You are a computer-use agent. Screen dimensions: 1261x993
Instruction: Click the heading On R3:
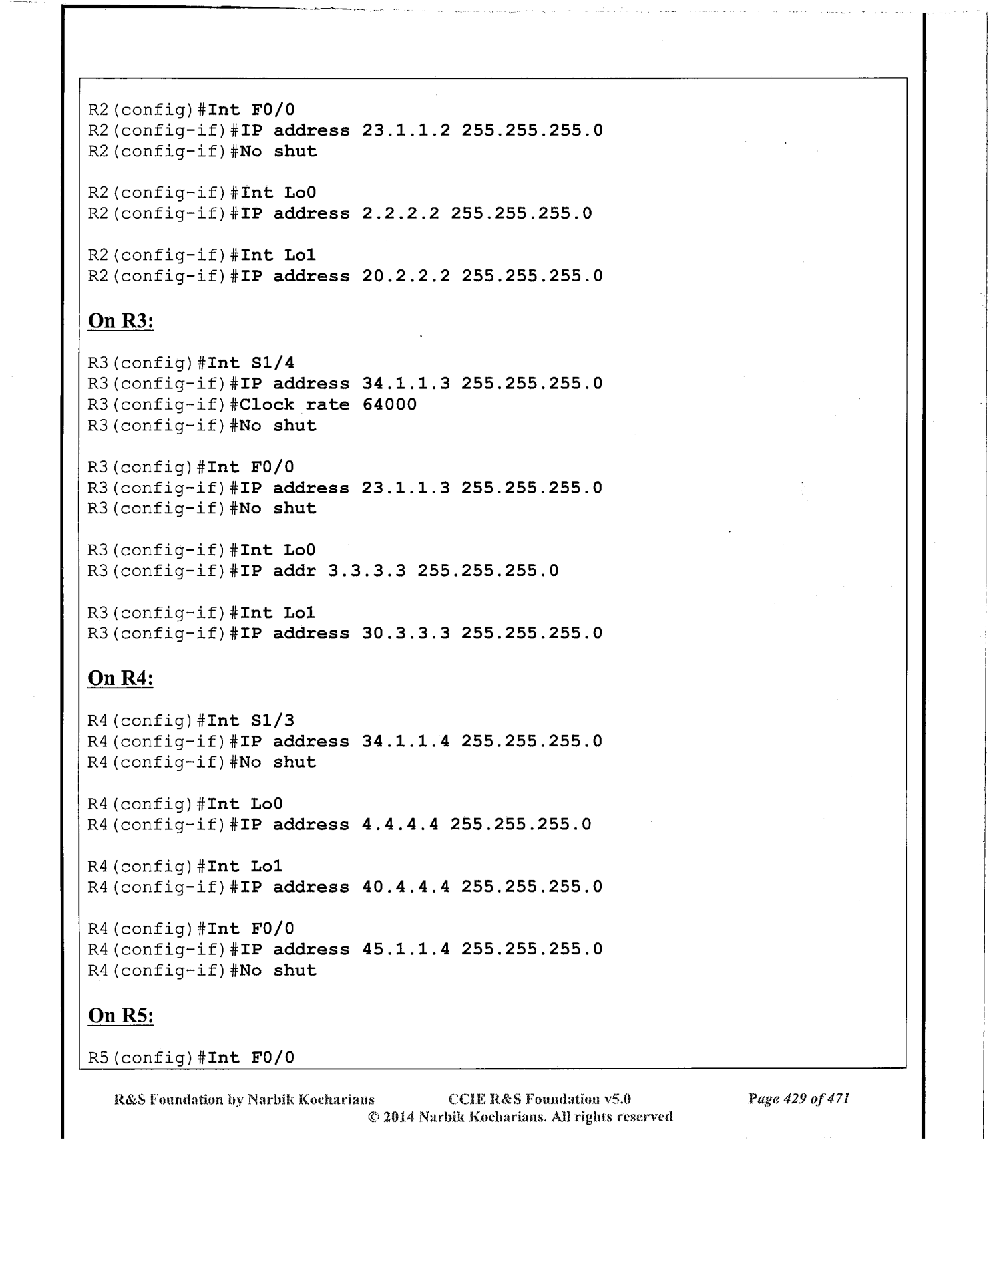click(x=120, y=321)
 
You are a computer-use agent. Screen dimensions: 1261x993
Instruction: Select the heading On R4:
click(x=120, y=678)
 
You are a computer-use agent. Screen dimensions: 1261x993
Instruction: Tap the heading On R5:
click(x=120, y=1016)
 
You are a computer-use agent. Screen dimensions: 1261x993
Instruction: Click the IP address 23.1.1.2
click(x=405, y=130)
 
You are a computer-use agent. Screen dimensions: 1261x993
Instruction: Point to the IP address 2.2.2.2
click(x=400, y=213)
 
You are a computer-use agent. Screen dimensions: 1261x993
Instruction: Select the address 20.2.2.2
click(x=405, y=276)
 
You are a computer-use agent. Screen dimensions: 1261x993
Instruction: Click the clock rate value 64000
click(x=389, y=404)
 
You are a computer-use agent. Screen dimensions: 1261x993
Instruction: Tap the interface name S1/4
click(x=272, y=363)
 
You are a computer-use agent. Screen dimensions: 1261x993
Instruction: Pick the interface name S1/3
click(x=272, y=720)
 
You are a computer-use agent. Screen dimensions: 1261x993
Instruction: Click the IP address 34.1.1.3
click(x=405, y=384)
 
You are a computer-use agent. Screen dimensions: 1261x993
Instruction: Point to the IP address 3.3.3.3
click(x=367, y=571)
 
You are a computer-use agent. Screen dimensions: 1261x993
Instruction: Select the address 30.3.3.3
click(x=405, y=633)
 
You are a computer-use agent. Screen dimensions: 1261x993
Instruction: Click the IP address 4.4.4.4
click(x=400, y=825)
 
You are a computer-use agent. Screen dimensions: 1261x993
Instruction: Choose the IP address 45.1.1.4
click(x=405, y=949)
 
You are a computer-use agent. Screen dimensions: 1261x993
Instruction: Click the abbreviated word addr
click(x=294, y=571)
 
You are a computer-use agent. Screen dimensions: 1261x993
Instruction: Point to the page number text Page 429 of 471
click(x=798, y=1099)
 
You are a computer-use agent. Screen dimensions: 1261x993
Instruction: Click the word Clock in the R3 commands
click(x=267, y=404)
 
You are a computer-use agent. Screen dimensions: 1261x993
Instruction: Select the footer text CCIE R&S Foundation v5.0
click(x=539, y=1099)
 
